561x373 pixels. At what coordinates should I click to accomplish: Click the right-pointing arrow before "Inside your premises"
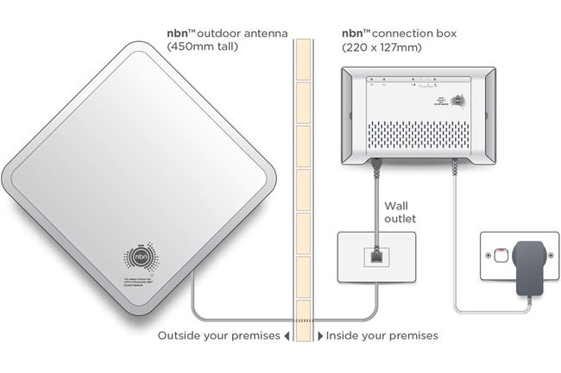[x=322, y=335]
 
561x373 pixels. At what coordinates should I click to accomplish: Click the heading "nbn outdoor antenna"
[x=222, y=34]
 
